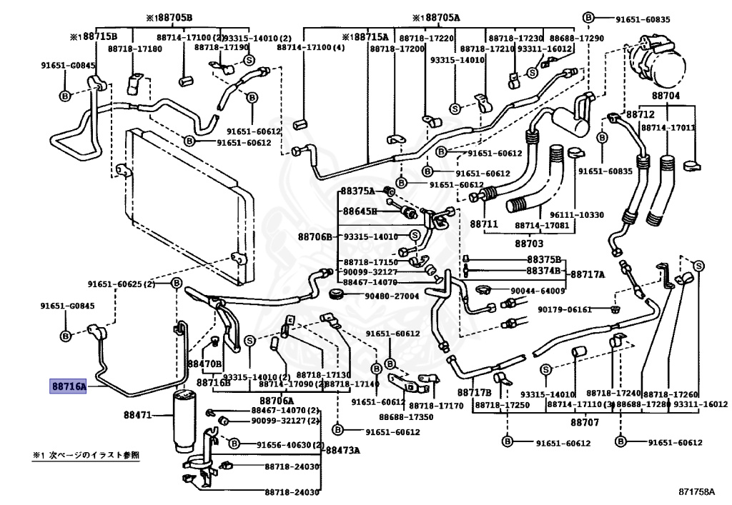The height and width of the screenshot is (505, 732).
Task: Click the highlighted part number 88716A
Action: [x=68, y=386]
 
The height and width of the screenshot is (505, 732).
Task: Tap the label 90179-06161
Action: [x=565, y=309]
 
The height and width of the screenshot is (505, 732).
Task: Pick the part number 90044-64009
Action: [x=538, y=291]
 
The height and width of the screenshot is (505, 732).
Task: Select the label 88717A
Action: [x=587, y=274]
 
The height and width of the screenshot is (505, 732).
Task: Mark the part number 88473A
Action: [x=343, y=451]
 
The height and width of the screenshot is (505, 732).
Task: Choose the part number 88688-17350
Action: [x=406, y=416]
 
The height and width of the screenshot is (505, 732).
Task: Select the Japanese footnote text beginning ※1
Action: [x=86, y=454]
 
